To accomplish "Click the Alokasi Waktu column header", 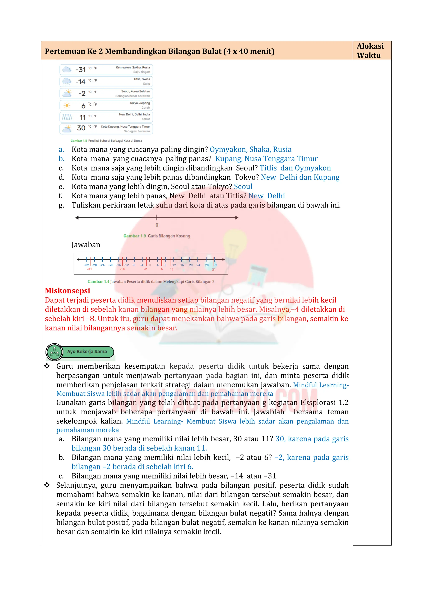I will [370, 50].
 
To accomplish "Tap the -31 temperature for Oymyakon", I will [80, 70].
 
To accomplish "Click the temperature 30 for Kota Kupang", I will [81, 128].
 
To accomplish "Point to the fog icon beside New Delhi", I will [67, 117].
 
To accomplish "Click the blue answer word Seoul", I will [243, 187].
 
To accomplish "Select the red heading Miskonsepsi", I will [68, 291].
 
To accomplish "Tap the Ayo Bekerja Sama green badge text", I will [87, 352].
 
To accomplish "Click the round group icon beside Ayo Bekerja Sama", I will [54, 352].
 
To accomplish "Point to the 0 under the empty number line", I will [157, 225].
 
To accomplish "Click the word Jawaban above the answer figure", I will [86, 245].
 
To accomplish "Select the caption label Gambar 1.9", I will [134, 236].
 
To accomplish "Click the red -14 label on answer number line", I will [122, 269].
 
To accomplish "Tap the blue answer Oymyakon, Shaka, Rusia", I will [250, 149].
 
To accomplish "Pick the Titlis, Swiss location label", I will [141, 79].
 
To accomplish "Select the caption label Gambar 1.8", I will [79, 141].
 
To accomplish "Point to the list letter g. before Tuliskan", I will [61, 205].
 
